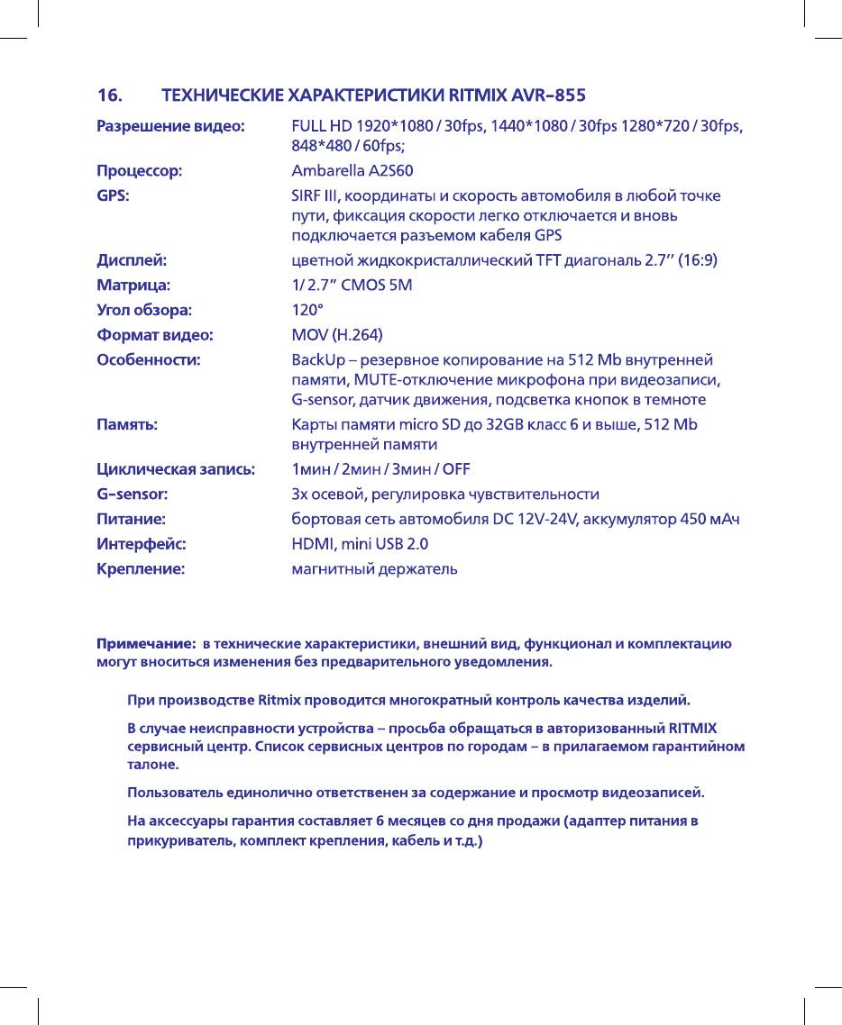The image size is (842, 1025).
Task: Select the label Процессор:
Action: [x=140, y=170]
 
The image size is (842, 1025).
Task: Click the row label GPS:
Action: [x=113, y=195]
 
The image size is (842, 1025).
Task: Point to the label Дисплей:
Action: [x=132, y=261]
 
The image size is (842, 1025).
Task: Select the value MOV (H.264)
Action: [x=337, y=336]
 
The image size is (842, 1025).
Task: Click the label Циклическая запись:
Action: [x=176, y=469]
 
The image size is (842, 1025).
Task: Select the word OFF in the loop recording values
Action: [x=455, y=469]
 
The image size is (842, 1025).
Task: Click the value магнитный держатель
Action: [x=374, y=569]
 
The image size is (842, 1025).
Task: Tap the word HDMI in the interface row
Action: [x=311, y=544]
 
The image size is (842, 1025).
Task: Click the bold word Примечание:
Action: [x=147, y=644]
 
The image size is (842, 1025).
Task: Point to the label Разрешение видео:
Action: [x=170, y=127]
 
